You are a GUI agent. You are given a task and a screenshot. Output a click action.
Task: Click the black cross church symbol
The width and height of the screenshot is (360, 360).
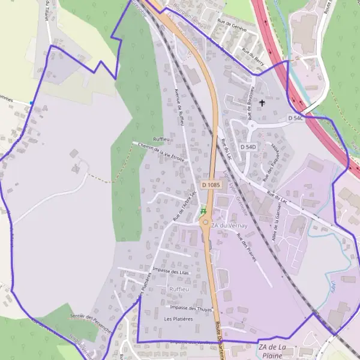click(x=262, y=103)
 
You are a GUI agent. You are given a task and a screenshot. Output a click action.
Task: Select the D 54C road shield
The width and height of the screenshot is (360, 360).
click(x=293, y=118)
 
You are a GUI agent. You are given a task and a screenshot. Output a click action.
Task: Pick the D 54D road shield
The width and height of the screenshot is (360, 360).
click(x=248, y=146)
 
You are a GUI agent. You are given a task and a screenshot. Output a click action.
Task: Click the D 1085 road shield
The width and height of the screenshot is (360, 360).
click(x=211, y=185)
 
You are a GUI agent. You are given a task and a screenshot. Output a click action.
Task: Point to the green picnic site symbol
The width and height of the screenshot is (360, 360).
click(x=203, y=211)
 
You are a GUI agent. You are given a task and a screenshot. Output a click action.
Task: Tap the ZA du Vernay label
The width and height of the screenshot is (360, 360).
click(x=229, y=224)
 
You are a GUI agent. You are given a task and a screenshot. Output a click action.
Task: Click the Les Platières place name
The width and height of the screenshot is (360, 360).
click(x=178, y=319)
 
